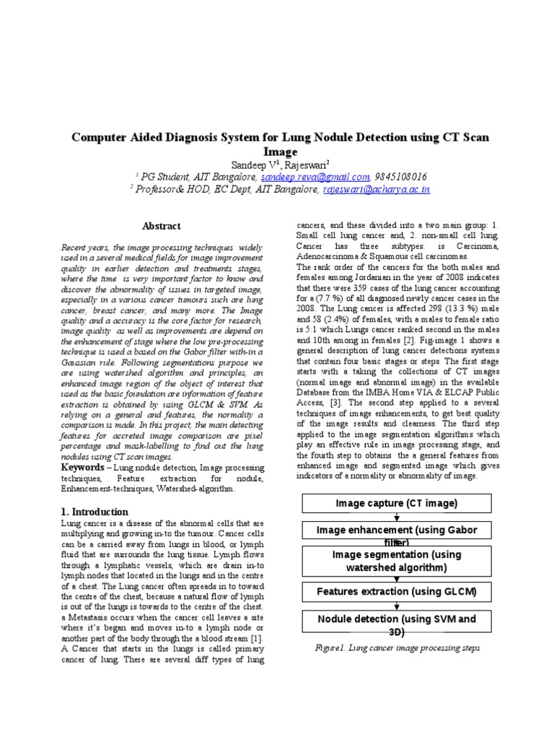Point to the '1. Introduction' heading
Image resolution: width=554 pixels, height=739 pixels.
[96, 511]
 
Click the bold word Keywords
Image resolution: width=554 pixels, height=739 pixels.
[83, 468]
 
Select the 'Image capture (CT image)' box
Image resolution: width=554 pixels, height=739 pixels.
[396, 503]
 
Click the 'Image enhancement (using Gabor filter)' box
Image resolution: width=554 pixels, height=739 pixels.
[396, 532]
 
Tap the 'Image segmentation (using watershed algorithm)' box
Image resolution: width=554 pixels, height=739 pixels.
[396, 561]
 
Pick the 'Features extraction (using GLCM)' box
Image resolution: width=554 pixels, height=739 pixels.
[396, 592]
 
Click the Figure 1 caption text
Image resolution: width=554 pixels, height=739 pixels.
[397, 648]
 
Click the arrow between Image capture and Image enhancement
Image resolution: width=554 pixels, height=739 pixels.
[396, 517]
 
